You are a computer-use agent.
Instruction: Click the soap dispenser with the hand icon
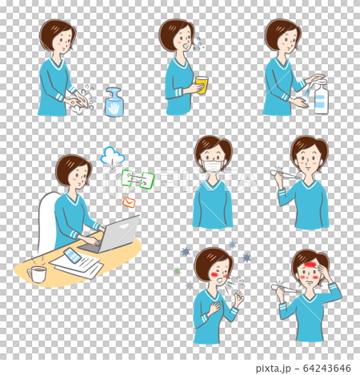[x=114, y=103]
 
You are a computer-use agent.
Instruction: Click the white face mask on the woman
[x=212, y=166]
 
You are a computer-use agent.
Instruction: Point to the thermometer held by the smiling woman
[x=287, y=172]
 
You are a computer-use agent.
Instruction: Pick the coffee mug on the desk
[x=38, y=274]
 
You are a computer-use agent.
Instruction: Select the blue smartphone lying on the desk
[x=72, y=255]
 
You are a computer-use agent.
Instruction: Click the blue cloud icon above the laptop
[x=112, y=157]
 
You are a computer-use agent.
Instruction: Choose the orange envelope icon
[x=129, y=202]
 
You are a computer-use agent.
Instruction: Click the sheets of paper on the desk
[x=76, y=264]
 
